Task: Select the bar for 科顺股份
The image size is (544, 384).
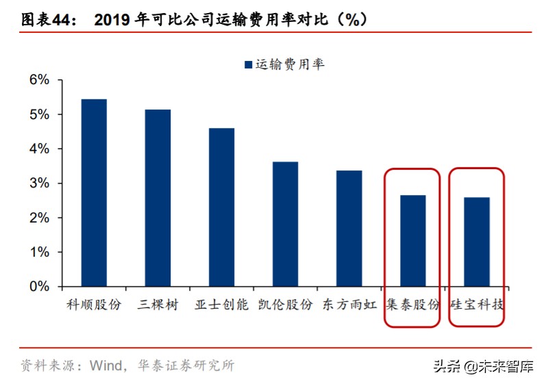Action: (x=94, y=192)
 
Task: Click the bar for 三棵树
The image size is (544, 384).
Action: (x=158, y=198)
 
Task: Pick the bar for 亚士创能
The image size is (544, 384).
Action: (x=221, y=207)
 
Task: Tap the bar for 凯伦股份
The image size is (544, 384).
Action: (x=285, y=224)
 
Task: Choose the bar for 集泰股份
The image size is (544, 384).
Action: (x=412, y=240)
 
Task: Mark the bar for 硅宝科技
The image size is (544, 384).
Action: (x=476, y=242)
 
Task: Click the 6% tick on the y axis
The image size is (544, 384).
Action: (x=39, y=80)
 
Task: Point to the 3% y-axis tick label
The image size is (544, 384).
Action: (x=39, y=183)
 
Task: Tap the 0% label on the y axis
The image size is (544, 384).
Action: (x=39, y=287)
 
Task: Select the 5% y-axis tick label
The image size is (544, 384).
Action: (x=39, y=114)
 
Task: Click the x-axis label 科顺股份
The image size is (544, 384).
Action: (x=94, y=305)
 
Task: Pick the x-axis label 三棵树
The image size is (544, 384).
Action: (x=158, y=305)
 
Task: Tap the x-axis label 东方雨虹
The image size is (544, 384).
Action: (x=349, y=305)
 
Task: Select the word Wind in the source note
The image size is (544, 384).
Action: (x=104, y=366)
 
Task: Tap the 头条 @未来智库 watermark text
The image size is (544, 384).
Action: (x=483, y=366)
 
